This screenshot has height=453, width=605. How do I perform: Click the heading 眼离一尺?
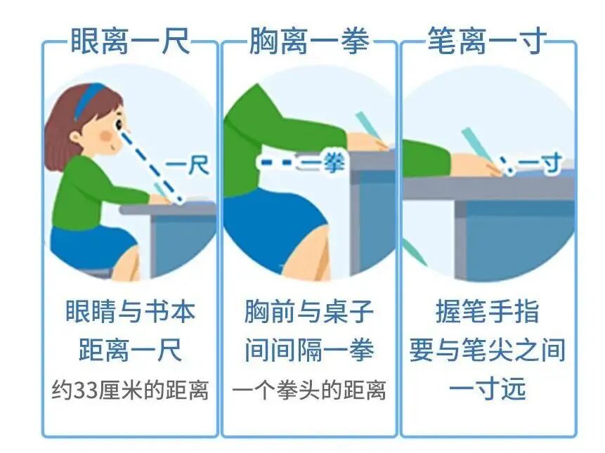(x=131, y=41)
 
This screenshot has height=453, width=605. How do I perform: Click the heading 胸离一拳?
(x=309, y=41)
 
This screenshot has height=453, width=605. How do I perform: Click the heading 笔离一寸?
(x=487, y=41)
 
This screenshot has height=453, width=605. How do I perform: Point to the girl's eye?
(x=119, y=124)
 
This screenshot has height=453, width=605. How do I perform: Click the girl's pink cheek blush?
(x=107, y=136)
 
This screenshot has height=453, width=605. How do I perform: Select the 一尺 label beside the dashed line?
(x=188, y=166)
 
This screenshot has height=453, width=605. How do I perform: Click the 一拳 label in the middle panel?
(x=323, y=162)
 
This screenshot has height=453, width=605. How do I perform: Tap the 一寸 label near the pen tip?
(x=540, y=164)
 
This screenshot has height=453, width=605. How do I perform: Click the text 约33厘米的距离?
(x=131, y=390)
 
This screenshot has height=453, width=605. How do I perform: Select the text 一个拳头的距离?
(x=308, y=390)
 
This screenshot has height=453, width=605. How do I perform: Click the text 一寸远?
(x=488, y=388)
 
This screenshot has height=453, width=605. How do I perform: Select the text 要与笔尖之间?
(x=488, y=350)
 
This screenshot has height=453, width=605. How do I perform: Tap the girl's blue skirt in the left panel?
(x=93, y=247)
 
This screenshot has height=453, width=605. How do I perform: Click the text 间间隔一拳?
(x=309, y=350)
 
